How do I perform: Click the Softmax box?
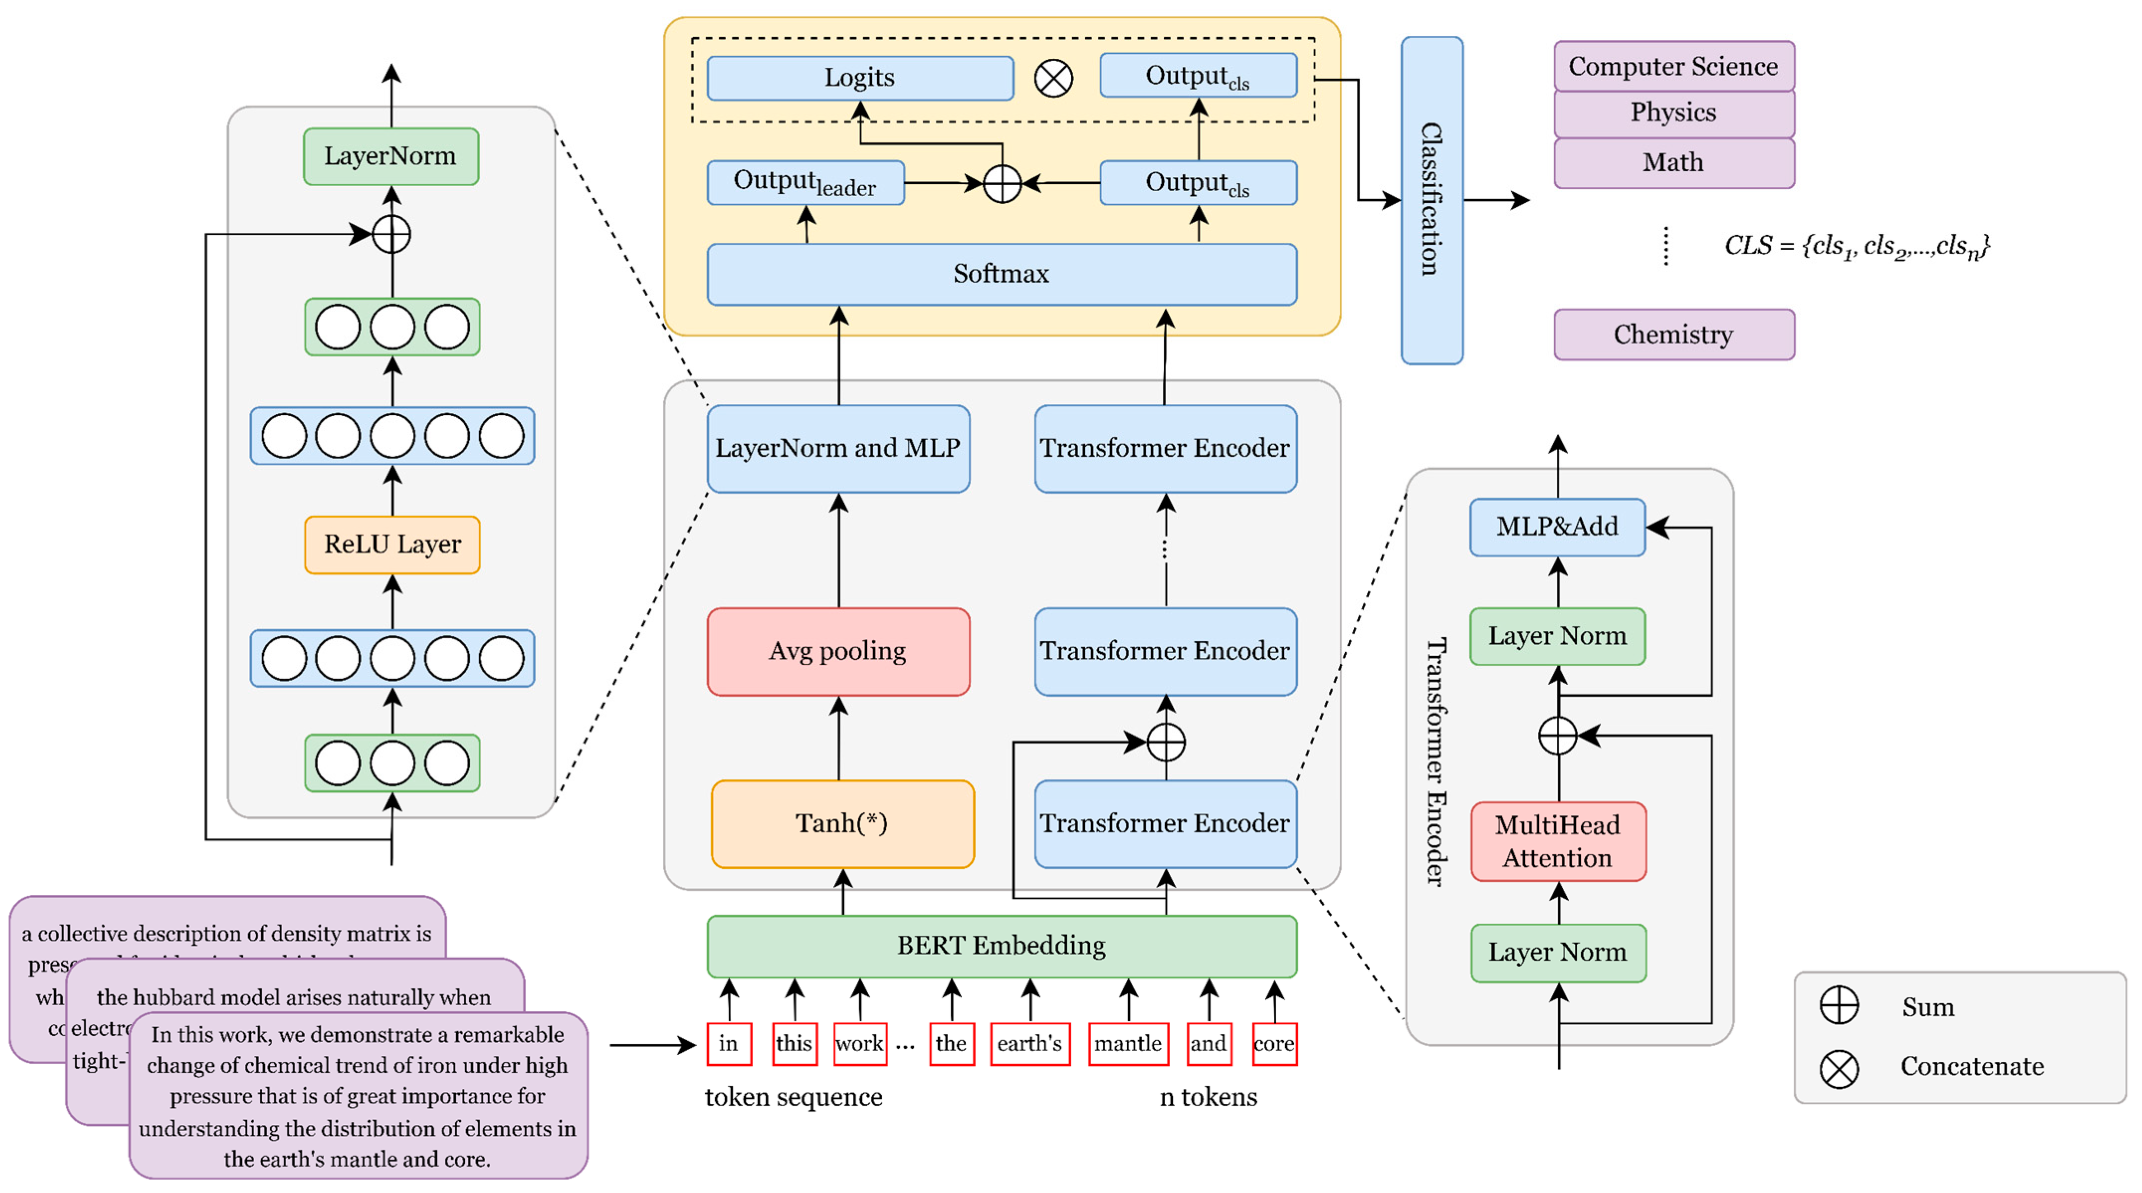(x=1001, y=274)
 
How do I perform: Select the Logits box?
(x=860, y=77)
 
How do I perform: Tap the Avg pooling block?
(x=838, y=651)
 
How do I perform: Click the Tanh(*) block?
(x=842, y=823)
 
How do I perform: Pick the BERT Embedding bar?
(x=1001, y=946)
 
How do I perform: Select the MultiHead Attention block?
(x=1557, y=841)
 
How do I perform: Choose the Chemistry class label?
(x=1673, y=335)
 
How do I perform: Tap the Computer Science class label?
(x=1673, y=66)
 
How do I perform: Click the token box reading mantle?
(x=1127, y=1043)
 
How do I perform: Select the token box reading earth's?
(x=1029, y=1043)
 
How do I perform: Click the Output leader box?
(x=805, y=182)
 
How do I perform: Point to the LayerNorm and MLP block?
(x=838, y=449)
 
